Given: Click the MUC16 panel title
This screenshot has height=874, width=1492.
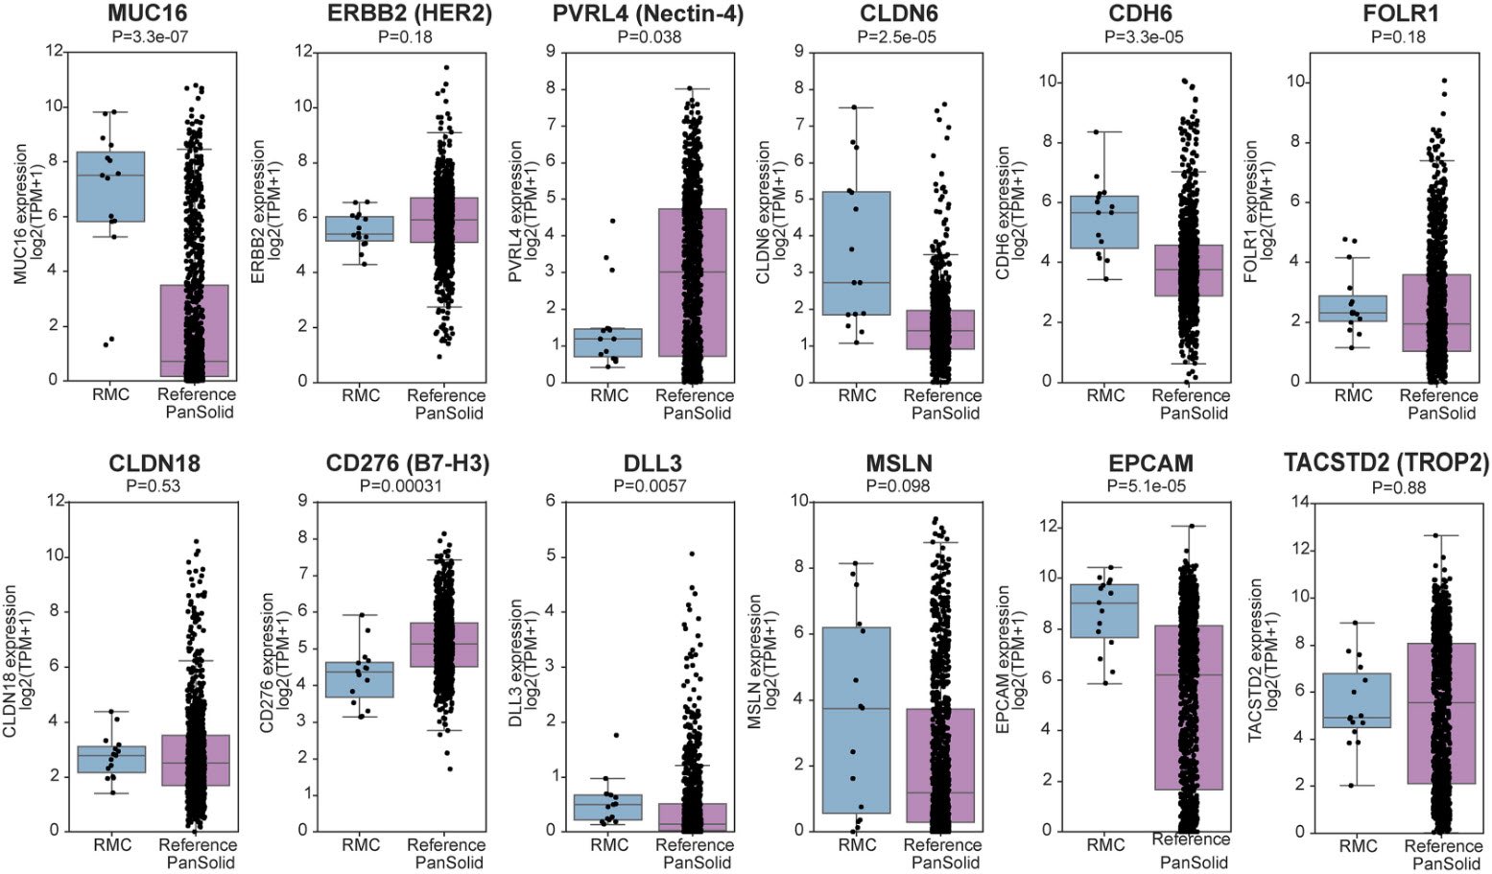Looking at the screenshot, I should point(147,13).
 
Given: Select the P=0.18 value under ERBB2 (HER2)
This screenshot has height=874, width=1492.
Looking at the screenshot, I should point(407,37).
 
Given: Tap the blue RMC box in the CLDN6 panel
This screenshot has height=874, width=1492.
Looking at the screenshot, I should point(856,253).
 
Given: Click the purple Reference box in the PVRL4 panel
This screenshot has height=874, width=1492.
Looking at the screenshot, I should point(693,282).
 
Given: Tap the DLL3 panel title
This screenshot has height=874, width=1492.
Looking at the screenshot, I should point(652,464).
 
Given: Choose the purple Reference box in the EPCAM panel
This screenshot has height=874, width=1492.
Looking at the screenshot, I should point(1190,707).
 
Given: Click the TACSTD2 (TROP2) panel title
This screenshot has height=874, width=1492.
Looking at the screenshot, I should point(1386,464).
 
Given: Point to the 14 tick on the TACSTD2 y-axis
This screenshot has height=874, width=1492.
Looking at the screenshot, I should point(1302,502).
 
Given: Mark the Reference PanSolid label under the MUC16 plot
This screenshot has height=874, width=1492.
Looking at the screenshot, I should point(197,403).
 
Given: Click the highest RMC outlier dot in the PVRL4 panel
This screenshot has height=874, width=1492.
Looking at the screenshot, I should point(612,221).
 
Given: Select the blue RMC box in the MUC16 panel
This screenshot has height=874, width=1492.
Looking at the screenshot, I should point(110,186).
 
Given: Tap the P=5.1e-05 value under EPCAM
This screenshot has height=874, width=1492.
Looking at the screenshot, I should point(1146,486).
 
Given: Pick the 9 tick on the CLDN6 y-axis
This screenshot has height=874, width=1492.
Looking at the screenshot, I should point(798,52).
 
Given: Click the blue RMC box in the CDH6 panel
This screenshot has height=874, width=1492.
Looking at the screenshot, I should point(1104,222).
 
